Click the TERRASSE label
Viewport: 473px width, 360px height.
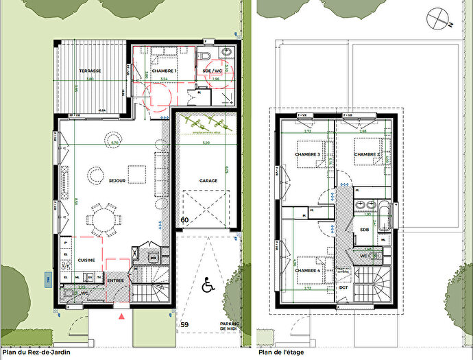click(x=90, y=71)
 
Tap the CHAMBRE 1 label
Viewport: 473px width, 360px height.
click(x=165, y=71)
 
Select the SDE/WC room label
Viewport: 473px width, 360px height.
click(x=213, y=71)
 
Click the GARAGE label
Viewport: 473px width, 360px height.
click(x=208, y=180)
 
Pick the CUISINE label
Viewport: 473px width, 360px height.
click(x=86, y=260)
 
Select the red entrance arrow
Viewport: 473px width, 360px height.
click(x=122, y=317)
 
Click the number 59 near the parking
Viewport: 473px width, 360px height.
click(x=184, y=325)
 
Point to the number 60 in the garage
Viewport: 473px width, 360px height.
click(x=184, y=220)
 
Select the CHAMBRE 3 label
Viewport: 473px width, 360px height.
click(x=308, y=154)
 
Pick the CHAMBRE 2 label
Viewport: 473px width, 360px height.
click(x=367, y=154)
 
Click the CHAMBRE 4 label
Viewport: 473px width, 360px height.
click(x=308, y=270)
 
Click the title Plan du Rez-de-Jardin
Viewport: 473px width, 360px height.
click(x=36, y=352)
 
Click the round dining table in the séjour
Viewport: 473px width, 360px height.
click(x=104, y=220)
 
